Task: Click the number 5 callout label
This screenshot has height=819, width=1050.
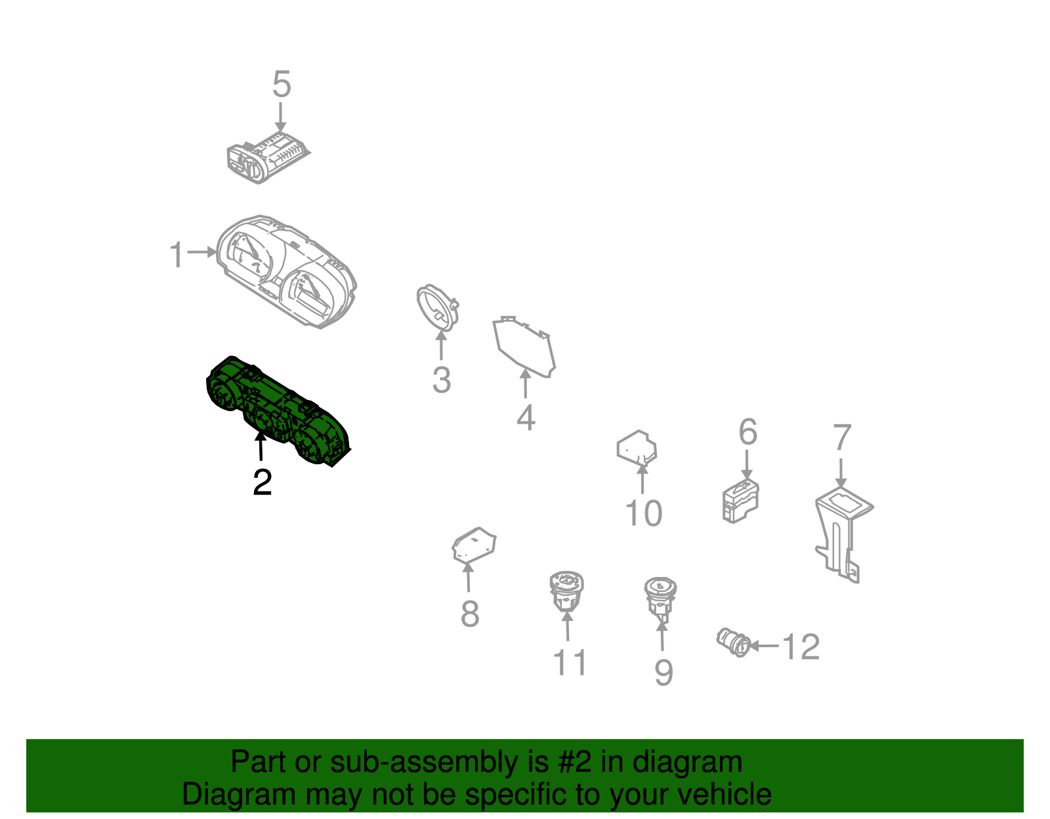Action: point(282,84)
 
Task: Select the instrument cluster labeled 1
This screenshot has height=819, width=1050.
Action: point(287,271)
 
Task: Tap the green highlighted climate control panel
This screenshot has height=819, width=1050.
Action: point(278,410)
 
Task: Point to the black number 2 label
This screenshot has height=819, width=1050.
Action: point(262,482)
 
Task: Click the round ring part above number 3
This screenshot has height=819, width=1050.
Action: point(437,307)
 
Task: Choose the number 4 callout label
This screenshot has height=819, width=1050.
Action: point(526,418)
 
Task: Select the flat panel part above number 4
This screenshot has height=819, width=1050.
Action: point(524,346)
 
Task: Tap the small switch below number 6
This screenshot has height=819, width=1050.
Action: point(740,501)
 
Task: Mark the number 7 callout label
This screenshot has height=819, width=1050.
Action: point(842,437)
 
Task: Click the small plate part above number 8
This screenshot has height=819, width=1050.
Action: point(474,546)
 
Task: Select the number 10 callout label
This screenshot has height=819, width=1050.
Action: point(644,513)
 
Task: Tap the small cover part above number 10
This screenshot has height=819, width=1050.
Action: point(637,449)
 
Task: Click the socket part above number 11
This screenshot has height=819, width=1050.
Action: point(566,591)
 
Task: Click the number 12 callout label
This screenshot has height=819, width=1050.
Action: point(801,647)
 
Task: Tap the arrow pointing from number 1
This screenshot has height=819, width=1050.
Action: point(201,252)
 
